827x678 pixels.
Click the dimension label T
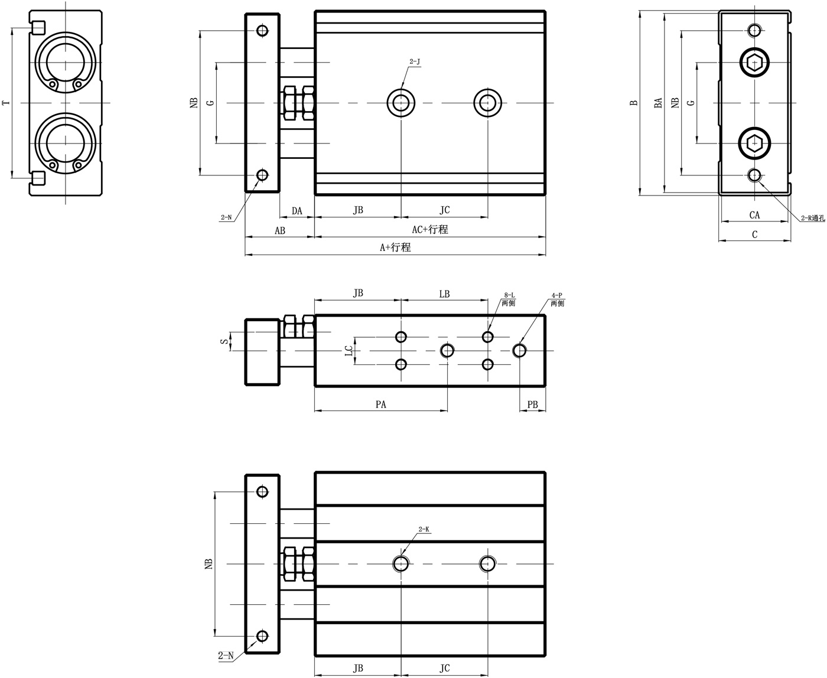(5, 103)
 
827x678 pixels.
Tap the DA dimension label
(297, 211)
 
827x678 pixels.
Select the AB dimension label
(279, 230)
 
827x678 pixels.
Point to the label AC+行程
(430, 229)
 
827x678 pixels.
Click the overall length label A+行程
(395, 247)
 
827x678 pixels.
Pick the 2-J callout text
(415, 61)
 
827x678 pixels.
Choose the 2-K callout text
(424, 529)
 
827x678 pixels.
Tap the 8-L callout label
(509, 295)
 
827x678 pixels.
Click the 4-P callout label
(557, 295)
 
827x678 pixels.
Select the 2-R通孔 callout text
(813, 218)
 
